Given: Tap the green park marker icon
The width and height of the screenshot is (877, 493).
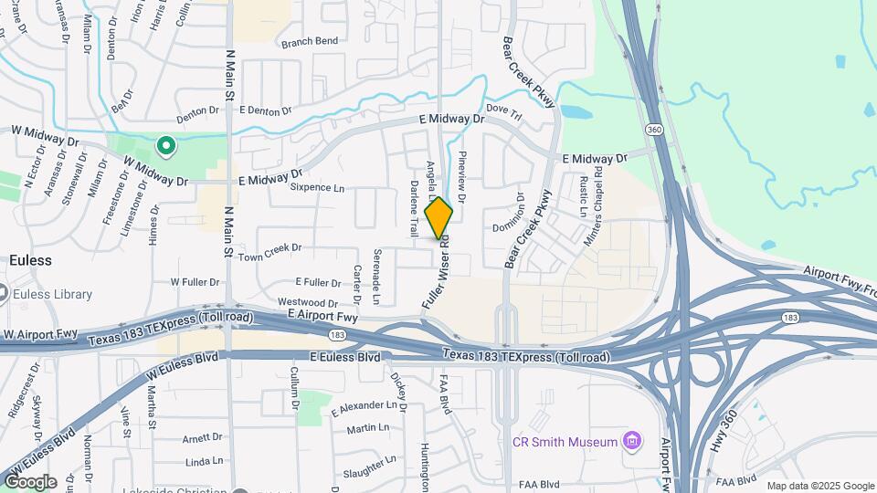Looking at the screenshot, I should (x=165, y=145).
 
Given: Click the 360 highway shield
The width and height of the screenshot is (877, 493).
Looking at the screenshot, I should (x=653, y=130).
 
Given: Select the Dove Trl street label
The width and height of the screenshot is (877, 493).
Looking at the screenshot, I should (x=503, y=111).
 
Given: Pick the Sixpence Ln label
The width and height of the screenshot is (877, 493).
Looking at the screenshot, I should (x=317, y=188).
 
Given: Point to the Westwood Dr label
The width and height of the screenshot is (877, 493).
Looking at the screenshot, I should (x=308, y=302).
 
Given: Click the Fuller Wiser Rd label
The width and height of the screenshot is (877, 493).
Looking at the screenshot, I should (x=435, y=272).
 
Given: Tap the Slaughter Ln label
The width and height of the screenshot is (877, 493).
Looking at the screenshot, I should (x=369, y=466).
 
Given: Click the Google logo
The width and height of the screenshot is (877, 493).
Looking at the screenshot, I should (x=30, y=481).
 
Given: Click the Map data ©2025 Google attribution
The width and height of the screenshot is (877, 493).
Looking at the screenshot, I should (x=819, y=486).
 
